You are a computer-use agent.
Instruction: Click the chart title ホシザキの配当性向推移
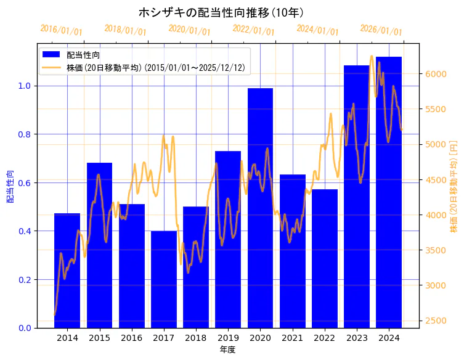point(221,12)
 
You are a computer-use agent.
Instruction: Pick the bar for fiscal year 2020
point(260,210)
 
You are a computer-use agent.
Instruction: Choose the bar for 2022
point(325,259)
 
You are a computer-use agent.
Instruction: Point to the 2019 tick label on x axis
point(228,338)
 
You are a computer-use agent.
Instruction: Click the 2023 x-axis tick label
point(357,338)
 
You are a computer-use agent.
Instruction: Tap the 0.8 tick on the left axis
point(24,134)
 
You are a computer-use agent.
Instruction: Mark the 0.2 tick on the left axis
point(24,279)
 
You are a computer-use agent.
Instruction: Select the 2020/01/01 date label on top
point(189,30)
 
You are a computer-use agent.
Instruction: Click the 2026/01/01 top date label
point(381,30)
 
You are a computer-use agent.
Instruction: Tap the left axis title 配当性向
point(10,186)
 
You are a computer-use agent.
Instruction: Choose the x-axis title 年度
point(227,350)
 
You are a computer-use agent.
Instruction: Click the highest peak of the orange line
point(372,57)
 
